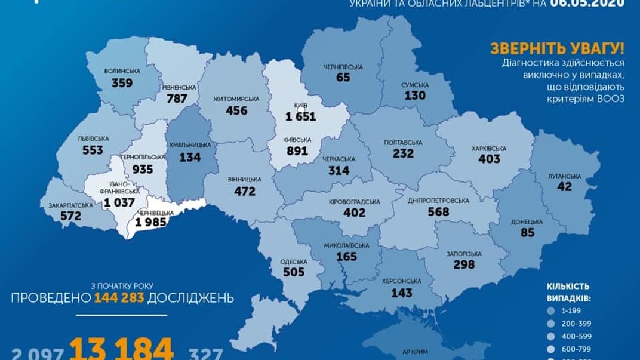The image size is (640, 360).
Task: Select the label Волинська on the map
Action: tap(122, 71)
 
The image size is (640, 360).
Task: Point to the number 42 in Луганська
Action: tap(564, 187)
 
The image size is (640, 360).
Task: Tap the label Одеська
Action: tap(293, 261)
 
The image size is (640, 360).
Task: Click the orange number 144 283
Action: tap(119, 297)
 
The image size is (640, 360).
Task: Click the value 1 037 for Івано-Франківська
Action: tap(119, 203)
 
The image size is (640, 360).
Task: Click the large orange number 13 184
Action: tap(122, 347)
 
